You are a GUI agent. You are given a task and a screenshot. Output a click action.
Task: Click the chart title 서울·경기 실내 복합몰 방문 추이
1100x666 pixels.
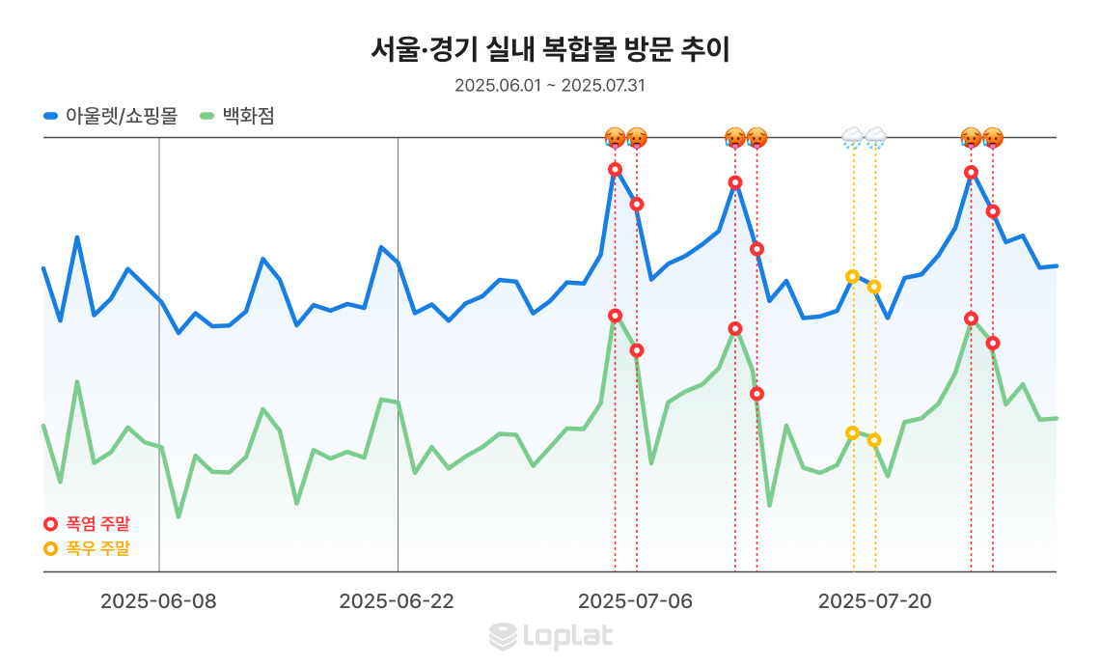550,49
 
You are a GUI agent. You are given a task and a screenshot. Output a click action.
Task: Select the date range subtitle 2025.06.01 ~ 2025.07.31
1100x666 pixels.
550,85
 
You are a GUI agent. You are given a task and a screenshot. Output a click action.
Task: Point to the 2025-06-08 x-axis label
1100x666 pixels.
158,601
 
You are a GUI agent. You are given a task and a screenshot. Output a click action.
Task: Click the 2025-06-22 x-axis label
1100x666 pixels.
397,601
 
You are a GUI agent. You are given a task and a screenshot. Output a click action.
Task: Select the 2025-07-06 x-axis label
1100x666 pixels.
636,601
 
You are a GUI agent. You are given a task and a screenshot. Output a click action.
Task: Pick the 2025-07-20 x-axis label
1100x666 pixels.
875,601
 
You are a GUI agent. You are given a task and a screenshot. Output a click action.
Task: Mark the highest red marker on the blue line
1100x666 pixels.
615,170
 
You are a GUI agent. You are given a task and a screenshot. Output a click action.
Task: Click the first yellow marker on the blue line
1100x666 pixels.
852,277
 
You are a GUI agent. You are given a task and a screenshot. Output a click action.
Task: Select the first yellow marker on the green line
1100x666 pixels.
852,432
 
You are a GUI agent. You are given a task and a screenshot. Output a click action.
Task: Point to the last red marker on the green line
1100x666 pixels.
993,343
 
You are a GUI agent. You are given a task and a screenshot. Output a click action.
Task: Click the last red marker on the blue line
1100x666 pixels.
993,211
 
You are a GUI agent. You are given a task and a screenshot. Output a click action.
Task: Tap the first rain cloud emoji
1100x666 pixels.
852,137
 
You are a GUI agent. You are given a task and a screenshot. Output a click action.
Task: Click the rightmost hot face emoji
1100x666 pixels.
993,137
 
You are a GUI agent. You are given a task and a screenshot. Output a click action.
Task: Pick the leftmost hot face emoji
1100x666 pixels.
615,137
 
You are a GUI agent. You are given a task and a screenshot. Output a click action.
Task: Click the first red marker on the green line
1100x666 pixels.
615,316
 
